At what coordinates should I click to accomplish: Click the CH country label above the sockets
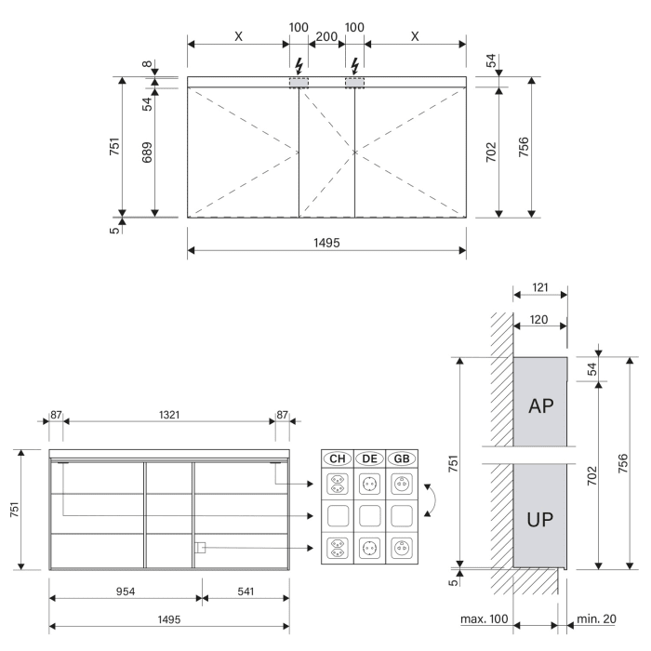(x=337, y=458)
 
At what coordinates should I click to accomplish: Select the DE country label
(x=369, y=458)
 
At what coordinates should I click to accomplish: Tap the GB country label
(x=402, y=458)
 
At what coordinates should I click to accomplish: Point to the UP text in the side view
(x=541, y=519)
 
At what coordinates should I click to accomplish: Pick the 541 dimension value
(x=246, y=590)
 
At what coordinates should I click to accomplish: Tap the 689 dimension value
(x=146, y=153)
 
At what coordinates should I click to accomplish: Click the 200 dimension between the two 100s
(x=326, y=36)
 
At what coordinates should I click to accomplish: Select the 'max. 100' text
(x=484, y=618)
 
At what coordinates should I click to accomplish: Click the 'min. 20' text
(x=597, y=618)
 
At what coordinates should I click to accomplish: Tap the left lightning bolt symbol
(x=299, y=65)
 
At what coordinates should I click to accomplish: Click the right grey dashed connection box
(x=355, y=83)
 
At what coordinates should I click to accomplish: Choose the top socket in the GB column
(x=402, y=484)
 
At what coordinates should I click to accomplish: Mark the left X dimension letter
(x=238, y=36)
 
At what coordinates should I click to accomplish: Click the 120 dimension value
(x=541, y=318)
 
